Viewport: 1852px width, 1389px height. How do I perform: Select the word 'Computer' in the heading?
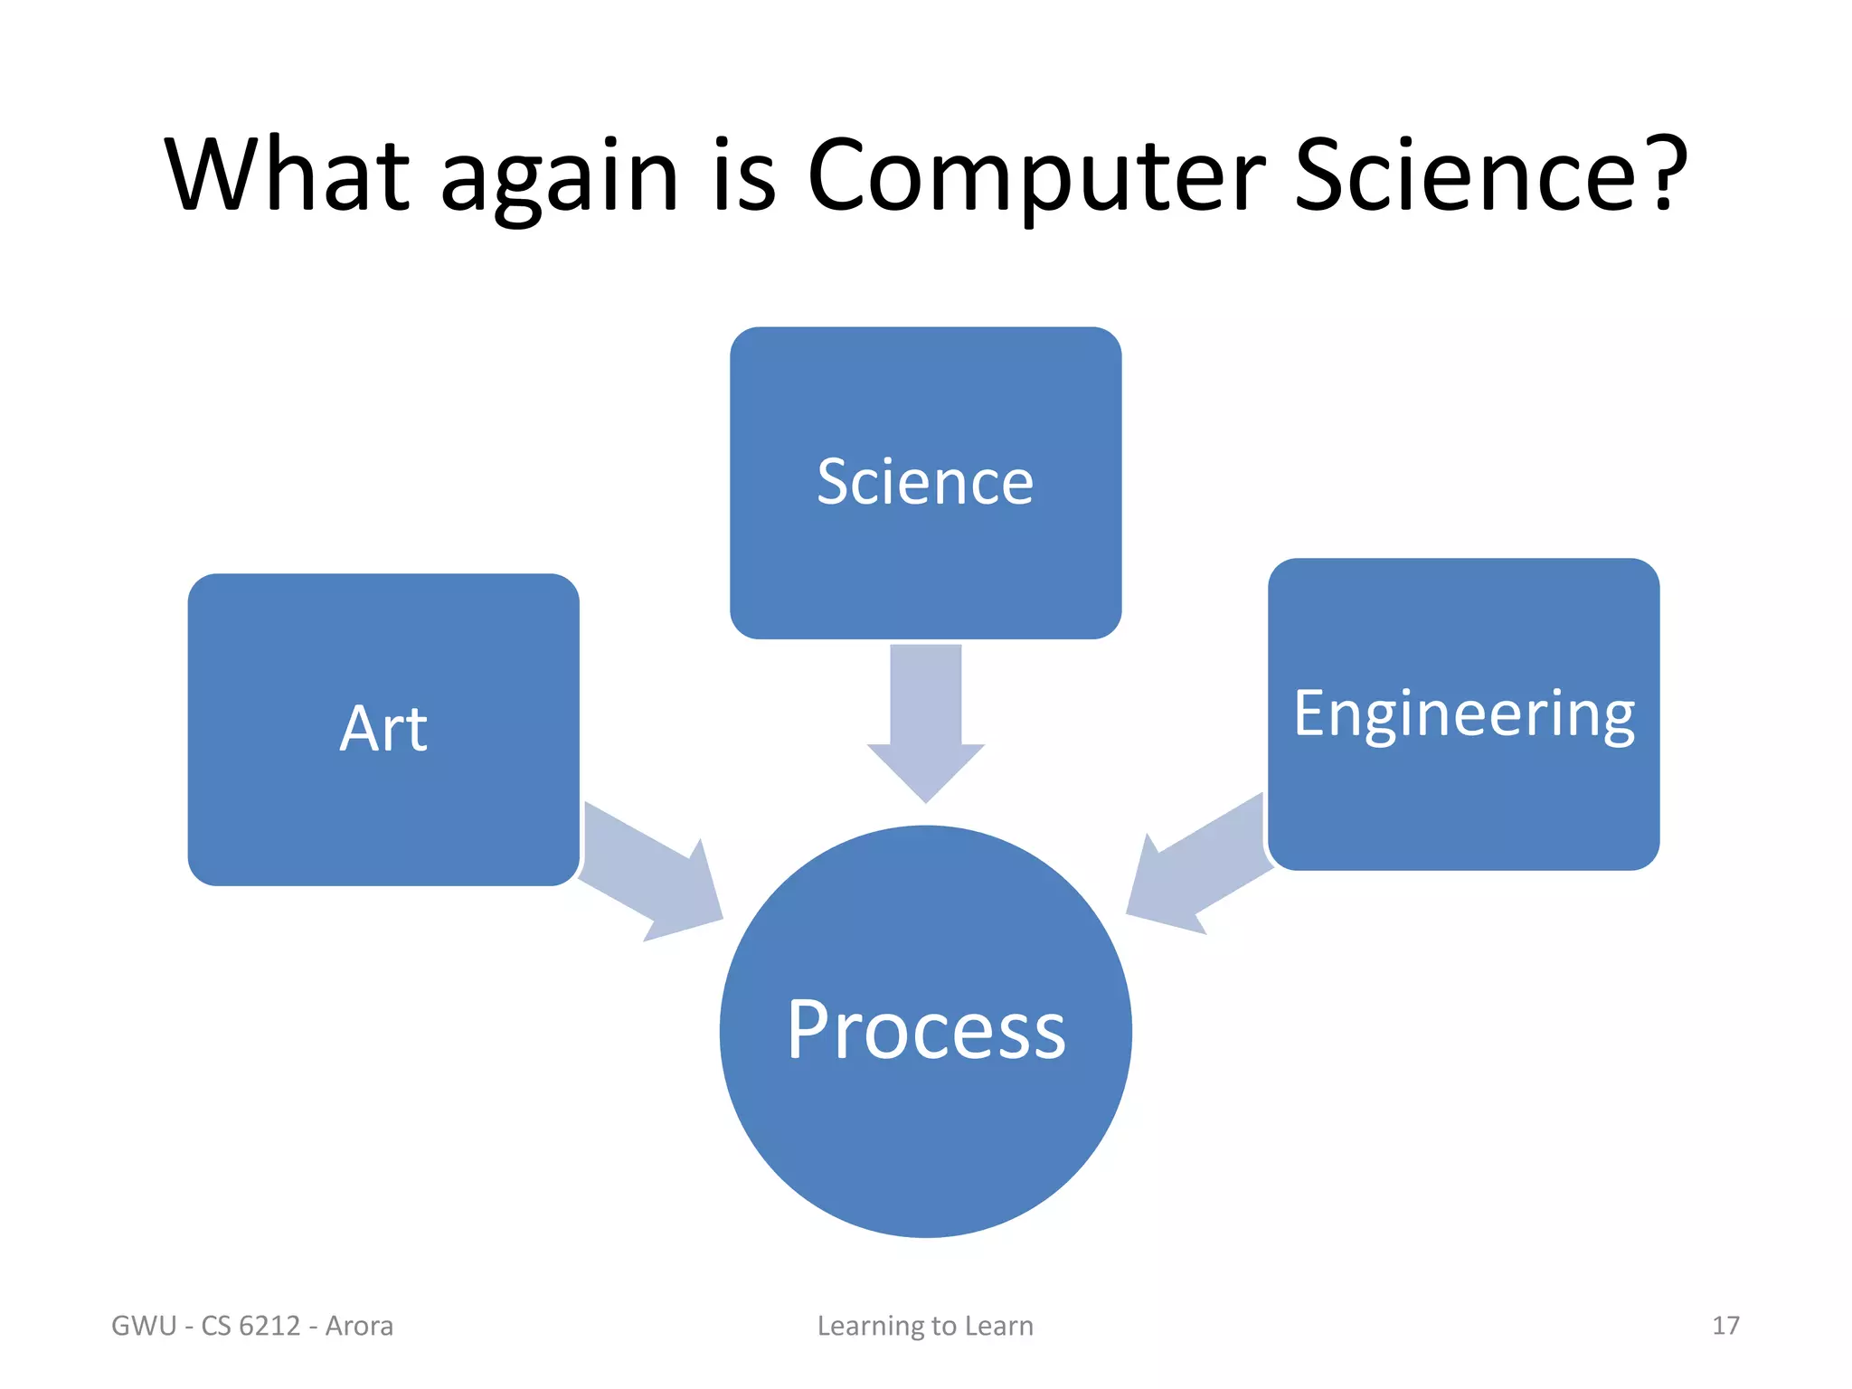tap(1036, 176)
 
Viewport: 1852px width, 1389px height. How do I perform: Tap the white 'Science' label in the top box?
tap(925, 482)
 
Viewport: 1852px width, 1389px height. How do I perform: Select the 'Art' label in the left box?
tap(383, 729)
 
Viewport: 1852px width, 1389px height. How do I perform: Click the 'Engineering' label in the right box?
tap(1463, 714)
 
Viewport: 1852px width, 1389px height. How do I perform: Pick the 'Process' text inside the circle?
tap(926, 1030)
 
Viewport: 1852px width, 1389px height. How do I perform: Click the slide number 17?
tap(1724, 1326)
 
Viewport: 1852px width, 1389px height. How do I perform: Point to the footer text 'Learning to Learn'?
tap(925, 1326)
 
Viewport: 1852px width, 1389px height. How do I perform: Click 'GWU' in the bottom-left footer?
tap(144, 1326)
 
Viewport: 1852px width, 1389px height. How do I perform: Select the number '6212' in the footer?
tap(269, 1326)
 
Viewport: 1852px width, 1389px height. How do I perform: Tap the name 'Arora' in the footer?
tap(359, 1326)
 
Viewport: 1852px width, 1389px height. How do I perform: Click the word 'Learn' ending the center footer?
tap(998, 1326)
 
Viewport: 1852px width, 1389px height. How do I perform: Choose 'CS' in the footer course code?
tap(216, 1326)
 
